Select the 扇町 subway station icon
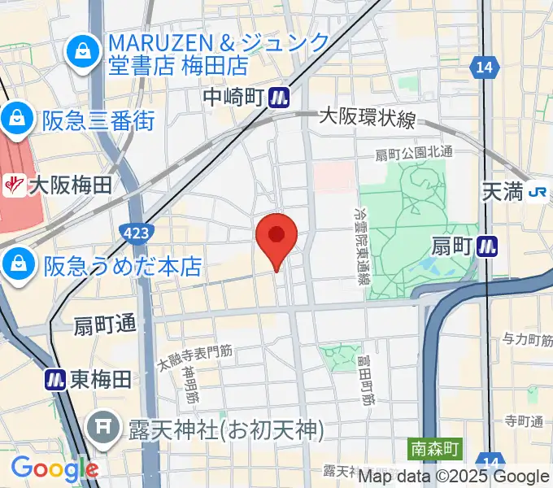488,245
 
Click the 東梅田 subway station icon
55,379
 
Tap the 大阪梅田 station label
69,186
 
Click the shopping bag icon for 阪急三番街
15,121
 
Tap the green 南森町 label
435,447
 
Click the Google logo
54,468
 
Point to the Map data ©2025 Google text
454,477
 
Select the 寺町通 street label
522,421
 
